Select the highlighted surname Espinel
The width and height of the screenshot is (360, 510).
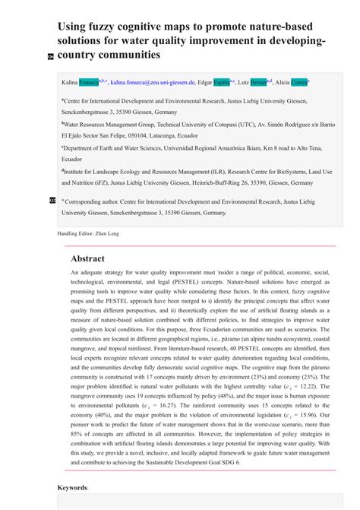click(x=222, y=82)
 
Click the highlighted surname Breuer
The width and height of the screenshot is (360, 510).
click(x=261, y=82)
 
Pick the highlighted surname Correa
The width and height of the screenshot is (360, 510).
click(x=299, y=82)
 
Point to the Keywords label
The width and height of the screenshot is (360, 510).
click(x=72, y=487)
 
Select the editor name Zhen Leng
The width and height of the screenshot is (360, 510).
click(x=106, y=233)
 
